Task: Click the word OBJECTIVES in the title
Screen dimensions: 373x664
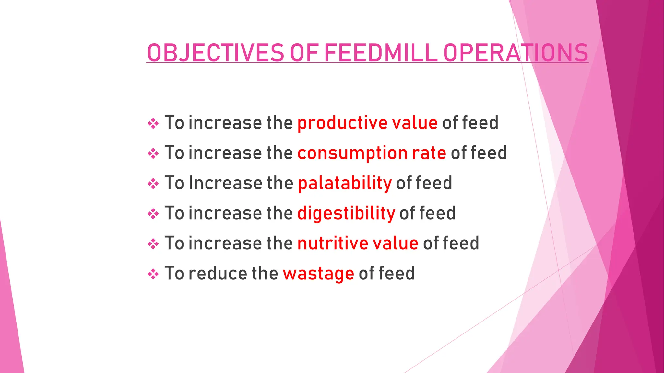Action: click(x=216, y=53)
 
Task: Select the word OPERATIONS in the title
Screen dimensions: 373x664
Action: click(x=516, y=53)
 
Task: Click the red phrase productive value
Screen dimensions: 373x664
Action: click(x=367, y=123)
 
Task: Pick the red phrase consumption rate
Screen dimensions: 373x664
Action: click(x=372, y=153)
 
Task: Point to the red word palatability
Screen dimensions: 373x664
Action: click(x=345, y=183)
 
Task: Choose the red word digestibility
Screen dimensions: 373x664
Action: click(x=346, y=213)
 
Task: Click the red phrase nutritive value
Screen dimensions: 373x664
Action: click(x=358, y=243)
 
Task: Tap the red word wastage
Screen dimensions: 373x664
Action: click(x=318, y=274)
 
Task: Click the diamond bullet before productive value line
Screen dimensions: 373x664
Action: click(x=153, y=123)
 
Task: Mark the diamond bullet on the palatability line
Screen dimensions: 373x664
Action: click(x=153, y=184)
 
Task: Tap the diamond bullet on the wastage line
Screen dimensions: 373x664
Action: click(x=153, y=274)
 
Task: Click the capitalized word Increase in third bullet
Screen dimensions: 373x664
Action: click(x=225, y=183)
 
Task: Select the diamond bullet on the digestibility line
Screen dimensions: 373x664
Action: click(x=153, y=214)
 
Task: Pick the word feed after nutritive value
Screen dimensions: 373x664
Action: click(x=461, y=243)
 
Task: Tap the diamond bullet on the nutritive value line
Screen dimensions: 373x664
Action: click(x=153, y=244)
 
